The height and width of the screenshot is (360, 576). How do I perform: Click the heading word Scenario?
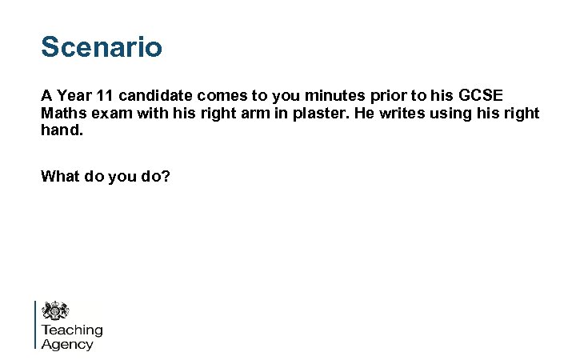[x=102, y=46]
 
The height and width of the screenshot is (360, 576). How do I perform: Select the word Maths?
[x=62, y=114]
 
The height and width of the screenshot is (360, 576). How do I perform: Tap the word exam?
[x=106, y=114]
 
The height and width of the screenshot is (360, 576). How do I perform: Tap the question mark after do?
[x=166, y=176]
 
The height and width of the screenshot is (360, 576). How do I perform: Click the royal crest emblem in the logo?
[x=55, y=310]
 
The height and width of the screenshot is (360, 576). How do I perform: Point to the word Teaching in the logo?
[x=72, y=330]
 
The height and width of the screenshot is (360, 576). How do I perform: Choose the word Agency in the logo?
[x=67, y=345]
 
